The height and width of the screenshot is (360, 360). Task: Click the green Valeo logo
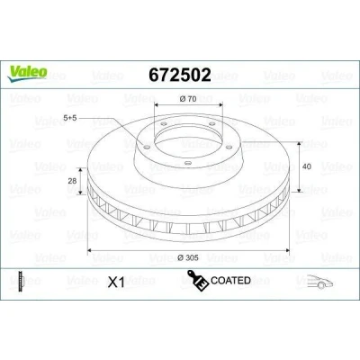point(27,74)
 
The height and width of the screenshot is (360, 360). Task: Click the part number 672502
point(180,75)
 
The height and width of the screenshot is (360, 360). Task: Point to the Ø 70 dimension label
point(188,99)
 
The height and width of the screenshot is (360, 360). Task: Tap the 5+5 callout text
point(70,118)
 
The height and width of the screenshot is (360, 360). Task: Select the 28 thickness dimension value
point(72,181)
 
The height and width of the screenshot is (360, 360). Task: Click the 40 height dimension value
point(307,166)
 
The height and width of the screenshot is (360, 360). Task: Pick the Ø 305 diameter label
point(188,257)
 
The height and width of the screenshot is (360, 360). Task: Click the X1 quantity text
point(116,283)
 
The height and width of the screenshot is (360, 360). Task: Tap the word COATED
point(230,281)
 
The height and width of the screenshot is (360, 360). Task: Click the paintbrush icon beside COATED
point(198,280)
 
